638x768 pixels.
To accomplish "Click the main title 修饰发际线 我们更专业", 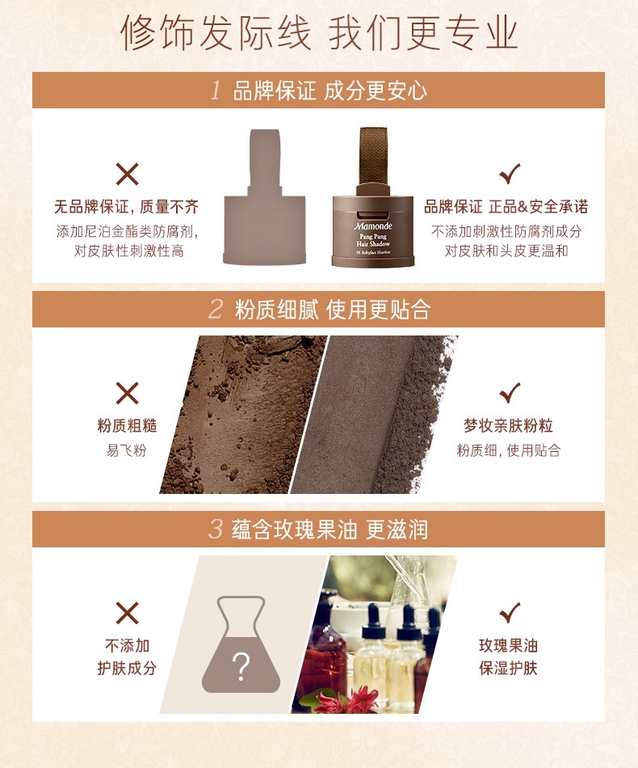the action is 319,33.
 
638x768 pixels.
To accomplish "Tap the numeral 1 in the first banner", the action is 216,90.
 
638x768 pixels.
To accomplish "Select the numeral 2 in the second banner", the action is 216,309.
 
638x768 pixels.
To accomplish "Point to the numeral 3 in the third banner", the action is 216,529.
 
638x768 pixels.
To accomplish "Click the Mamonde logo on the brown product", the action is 373,226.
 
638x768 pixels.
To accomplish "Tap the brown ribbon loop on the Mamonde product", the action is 374,157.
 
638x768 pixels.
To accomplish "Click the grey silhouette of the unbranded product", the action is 265,197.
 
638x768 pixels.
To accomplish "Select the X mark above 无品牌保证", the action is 128,174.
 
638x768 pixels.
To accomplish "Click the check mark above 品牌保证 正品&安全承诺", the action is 510,173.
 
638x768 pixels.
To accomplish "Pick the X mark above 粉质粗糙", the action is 128,393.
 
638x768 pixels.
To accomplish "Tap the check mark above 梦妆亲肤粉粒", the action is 510,392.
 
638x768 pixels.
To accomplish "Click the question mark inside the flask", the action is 241,667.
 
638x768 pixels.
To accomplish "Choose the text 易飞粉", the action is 127,450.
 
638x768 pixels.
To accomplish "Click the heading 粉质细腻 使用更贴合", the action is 332,310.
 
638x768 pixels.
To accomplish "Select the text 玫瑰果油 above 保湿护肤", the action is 508,646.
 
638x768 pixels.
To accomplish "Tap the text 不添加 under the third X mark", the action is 128,646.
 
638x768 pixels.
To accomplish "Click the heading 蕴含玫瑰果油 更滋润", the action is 329,530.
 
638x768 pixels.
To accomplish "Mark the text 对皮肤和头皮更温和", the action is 506,251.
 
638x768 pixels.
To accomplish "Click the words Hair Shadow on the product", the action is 373,243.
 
